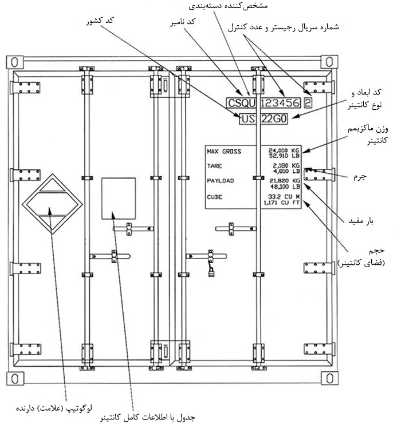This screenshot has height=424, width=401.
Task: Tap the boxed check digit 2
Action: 308,104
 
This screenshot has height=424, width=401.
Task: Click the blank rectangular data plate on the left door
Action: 118,198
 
